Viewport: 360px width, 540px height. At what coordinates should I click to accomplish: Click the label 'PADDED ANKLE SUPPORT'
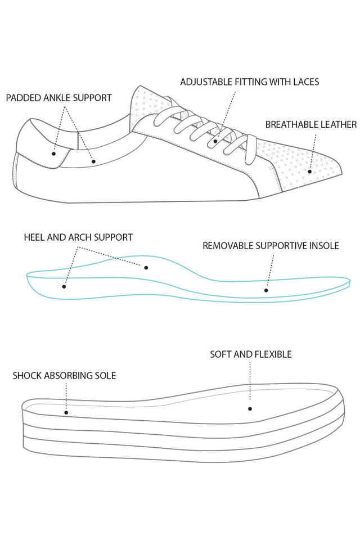(58, 98)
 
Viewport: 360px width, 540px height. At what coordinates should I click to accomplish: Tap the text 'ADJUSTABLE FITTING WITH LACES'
(249, 82)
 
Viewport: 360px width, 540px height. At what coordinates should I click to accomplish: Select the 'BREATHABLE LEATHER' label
(310, 124)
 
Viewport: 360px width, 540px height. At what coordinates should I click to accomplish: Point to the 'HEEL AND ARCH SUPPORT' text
(78, 237)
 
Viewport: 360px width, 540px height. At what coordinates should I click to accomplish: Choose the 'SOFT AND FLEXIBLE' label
(250, 354)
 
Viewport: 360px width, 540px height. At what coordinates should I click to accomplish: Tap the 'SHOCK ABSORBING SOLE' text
(64, 375)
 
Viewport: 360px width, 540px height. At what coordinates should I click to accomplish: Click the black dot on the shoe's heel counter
(53, 153)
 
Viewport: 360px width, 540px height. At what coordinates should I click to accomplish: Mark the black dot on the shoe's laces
(215, 143)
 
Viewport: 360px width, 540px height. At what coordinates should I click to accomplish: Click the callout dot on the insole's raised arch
(146, 268)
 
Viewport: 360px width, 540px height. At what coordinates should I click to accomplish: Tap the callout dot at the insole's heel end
(64, 286)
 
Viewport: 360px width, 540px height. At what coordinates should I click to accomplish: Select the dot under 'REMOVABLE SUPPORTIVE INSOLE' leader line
(267, 290)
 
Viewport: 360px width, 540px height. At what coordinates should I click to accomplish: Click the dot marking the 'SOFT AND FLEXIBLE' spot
(250, 409)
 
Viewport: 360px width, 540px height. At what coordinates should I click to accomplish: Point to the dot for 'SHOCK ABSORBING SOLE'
(66, 412)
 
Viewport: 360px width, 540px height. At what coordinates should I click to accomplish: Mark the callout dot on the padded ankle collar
(94, 161)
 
